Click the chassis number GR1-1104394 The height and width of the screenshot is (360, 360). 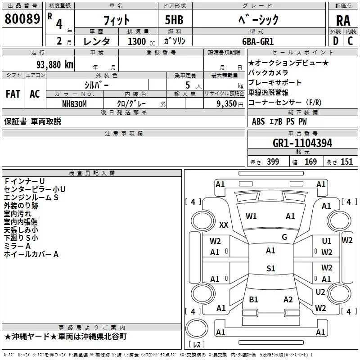click(x=302, y=143)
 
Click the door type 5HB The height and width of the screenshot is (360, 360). click(x=174, y=20)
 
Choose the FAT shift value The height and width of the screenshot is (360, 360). click(x=13, y=94)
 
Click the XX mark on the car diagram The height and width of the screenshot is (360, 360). click(x=224, y=225)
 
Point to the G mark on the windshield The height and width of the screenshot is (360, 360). click(x=284, y=237)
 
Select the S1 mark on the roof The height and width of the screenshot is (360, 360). click(x=270, y=269)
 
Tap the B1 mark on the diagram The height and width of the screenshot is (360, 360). click(x=254, y=299)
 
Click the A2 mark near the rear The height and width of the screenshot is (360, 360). click(x=288, y=299)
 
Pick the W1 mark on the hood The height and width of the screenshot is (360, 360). click(x=251, y=216)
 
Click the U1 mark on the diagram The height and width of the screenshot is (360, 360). click(x=327, y=242)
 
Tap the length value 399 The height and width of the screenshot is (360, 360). click(x=273, y=162)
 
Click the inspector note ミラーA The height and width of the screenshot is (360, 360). click(x=17, y=246)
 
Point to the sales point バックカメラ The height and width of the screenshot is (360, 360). click(x=268, y=72)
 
